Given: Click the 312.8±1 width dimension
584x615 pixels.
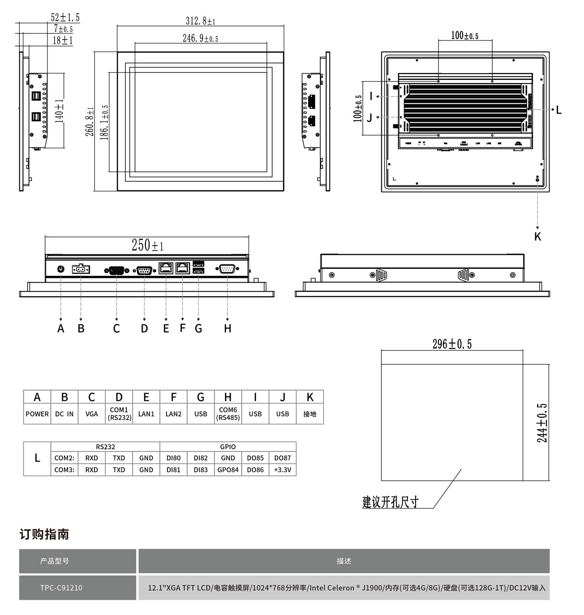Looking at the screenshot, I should pos(200,21).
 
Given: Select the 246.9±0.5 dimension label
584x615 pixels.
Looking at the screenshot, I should pos(200,38).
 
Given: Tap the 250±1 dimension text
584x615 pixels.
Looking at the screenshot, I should pos(147,245).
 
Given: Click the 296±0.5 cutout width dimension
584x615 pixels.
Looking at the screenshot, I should pos(452,344).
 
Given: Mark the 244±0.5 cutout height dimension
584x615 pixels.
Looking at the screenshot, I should pos(542,422).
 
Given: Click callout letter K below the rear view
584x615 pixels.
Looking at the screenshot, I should pos(537,237).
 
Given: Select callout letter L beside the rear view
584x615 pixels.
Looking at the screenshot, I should pos(559,110).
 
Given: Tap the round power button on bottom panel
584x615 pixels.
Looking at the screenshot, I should pos(60,269).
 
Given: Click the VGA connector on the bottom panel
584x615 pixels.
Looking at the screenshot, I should pos(116,270).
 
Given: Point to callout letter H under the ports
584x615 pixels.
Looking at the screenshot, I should pos(227,328).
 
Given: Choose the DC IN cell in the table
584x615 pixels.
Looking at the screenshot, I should pos(64,414).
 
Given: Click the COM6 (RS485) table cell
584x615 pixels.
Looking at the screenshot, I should pos(228,414).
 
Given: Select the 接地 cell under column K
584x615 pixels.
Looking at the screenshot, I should pos(310,414).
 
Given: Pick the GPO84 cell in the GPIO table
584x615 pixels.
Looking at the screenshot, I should pos(228,469).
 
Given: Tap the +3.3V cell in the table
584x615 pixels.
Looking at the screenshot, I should pos(282,469).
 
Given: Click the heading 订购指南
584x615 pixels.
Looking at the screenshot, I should pos(44,534).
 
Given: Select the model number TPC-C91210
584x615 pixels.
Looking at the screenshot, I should pos(61,588).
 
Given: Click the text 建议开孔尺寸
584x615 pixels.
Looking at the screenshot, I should pos(390,502).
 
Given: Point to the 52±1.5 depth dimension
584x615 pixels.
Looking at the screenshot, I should pos(65,18).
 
